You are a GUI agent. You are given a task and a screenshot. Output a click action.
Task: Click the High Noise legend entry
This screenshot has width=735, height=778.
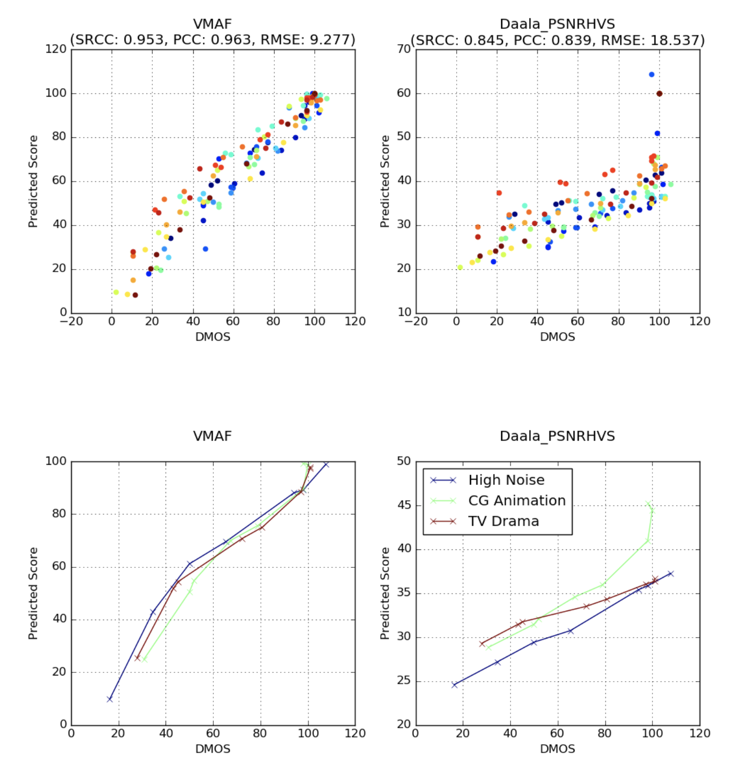[506, 480]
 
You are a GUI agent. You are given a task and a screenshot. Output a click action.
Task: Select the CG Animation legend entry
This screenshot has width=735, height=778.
[517, 501]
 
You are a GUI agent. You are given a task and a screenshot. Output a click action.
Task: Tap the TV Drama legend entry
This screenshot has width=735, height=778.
[503, 521]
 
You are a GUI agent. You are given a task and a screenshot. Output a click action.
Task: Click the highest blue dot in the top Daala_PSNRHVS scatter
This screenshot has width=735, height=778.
[651, 75]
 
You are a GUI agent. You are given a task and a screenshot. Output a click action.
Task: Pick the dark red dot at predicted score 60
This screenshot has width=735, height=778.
[659, 94]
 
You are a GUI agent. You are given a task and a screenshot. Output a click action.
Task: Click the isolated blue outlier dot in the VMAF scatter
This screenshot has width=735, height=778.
[206, 249]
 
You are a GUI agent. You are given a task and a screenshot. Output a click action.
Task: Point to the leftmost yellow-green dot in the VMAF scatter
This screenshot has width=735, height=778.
[116, 293]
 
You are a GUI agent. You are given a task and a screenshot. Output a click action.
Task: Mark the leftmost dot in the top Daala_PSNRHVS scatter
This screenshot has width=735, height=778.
[460, 267]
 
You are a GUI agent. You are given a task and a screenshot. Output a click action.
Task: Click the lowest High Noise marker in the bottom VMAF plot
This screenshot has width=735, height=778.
[110, 699]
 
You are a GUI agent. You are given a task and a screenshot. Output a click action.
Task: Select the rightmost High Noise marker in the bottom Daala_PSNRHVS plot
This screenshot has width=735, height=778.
[670, 574]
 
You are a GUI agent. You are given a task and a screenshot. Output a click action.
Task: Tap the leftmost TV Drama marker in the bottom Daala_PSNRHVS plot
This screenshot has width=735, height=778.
[482, 644]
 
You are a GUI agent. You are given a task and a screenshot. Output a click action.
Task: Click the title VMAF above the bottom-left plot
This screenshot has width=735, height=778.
[212, 436]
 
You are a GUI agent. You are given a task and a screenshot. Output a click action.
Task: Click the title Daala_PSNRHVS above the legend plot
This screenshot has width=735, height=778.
[557, 436]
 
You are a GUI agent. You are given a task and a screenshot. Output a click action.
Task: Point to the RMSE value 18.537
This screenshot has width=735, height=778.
[675, 40]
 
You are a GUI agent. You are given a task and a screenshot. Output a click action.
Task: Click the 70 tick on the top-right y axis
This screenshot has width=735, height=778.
[404, 49]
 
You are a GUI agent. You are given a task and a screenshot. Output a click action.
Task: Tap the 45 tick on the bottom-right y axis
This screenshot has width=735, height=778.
[404, 505]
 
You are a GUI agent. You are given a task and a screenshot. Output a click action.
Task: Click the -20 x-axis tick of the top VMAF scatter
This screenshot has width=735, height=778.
[71, 321]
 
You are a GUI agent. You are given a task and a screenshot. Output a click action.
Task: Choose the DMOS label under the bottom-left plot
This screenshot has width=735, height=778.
[213, 749]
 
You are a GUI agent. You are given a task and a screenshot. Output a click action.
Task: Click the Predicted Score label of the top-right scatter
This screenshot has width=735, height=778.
[385, 181]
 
